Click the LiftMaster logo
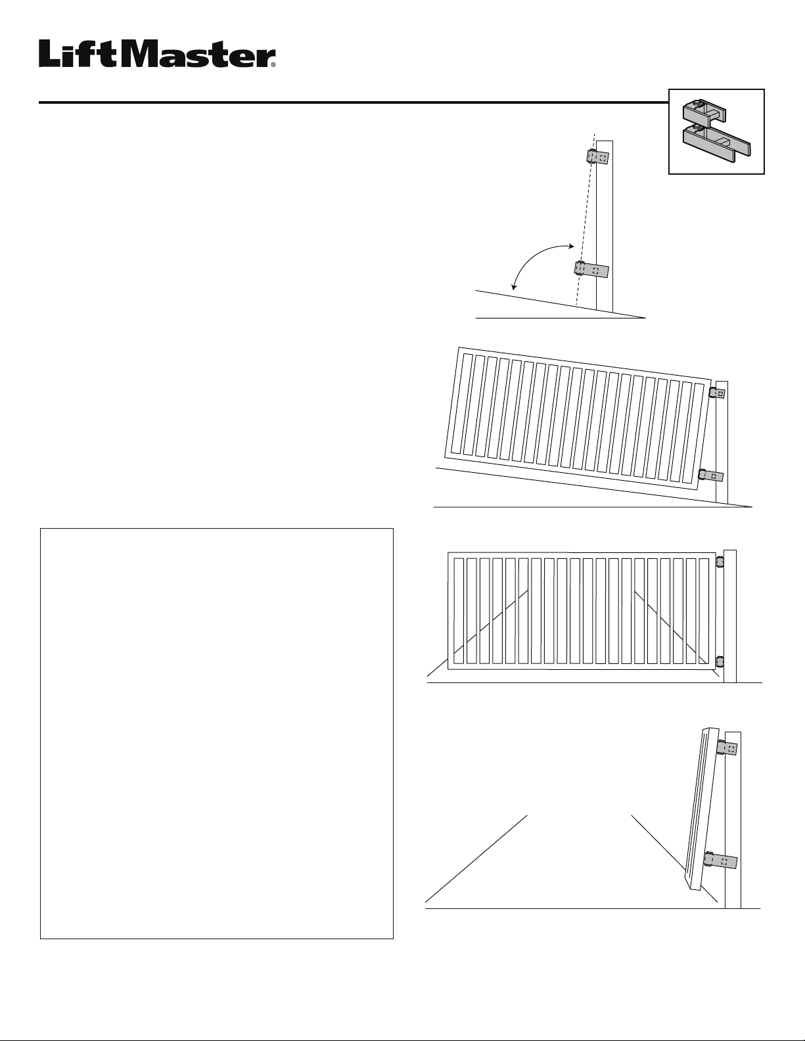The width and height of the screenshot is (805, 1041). pyautogui.click(x=157, y=54)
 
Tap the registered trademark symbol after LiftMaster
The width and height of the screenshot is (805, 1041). pyautogui.click(x=273, y=64)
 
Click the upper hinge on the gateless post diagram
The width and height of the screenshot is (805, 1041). pyautogui.click(x=598, y=157)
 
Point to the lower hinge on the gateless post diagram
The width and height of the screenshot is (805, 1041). pyautogui.click(x=591, y=269)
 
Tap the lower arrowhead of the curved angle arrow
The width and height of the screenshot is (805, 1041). pyautogui.click(x=514, y=287)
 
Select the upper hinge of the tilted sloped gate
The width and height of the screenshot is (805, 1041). pyautogui.click(x=717, y=393)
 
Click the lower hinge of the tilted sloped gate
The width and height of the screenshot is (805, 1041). pyautogui.click(x=710, y=476)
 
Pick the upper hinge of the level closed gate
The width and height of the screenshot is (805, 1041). pyautogui.click(x=719, y=561)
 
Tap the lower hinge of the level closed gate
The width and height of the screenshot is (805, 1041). pyautogui.click(x=719, y=661)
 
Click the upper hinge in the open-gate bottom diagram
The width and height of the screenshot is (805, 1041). pyautogui.click(x=727, y=748)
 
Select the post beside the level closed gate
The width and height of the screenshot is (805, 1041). pyautogui.click(x=730, y=616)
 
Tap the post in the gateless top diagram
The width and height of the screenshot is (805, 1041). pyautogui.click(x=605, y=225)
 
